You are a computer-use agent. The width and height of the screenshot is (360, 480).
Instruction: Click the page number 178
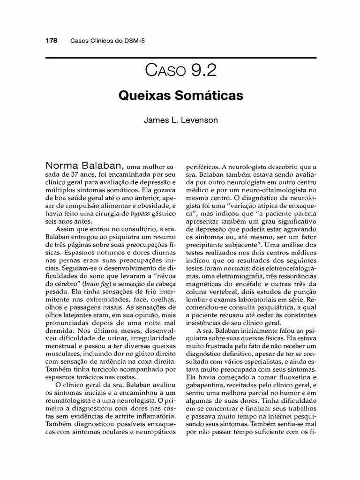(51, 40)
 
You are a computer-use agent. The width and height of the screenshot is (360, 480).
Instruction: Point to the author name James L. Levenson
(180, 120)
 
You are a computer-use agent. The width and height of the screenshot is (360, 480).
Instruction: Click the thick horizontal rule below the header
(180, 58)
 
